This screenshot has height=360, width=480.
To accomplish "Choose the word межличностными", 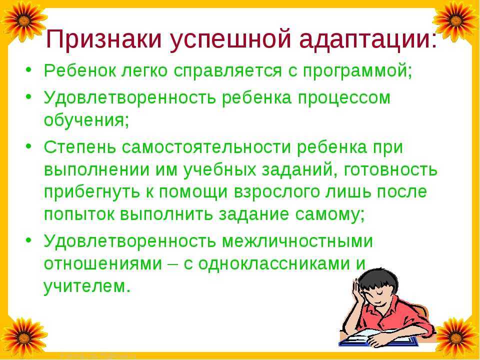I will [x=297, y=240].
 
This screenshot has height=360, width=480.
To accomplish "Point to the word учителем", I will [x=87, y=286].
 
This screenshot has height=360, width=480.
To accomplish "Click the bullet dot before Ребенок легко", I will [x=29, y=71].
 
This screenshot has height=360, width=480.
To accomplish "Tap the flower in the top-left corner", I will [x=19, y=20].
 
